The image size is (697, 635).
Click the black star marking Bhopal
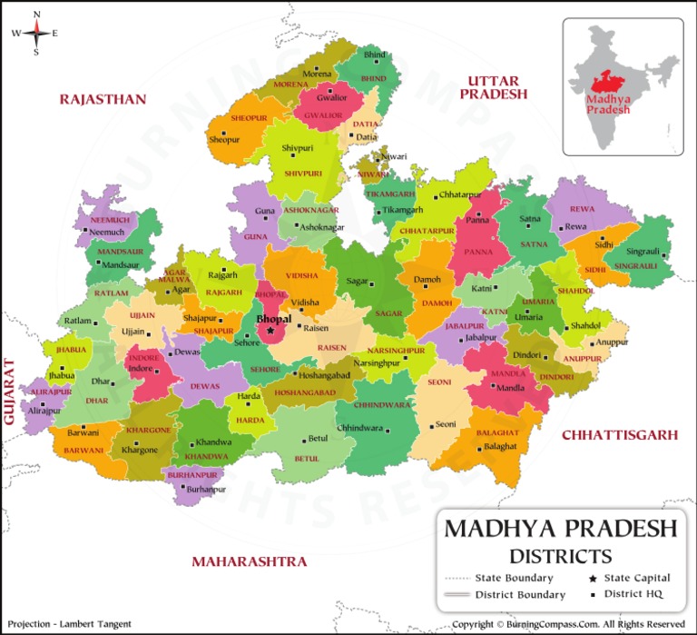(270, 332)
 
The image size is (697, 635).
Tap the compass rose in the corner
(35, 34)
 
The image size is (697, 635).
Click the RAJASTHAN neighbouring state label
(103, 99)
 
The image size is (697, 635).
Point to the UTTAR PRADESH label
(493, 87)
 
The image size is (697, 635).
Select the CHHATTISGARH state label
(619, 435)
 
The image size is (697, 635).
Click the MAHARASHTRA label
(249, 561)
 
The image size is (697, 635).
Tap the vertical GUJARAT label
(10, 392)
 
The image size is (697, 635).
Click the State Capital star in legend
(593, 578)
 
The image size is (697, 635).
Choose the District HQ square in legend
(593, 594)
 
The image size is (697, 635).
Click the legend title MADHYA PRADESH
(560, 529)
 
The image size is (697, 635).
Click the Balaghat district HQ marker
(476, 447)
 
